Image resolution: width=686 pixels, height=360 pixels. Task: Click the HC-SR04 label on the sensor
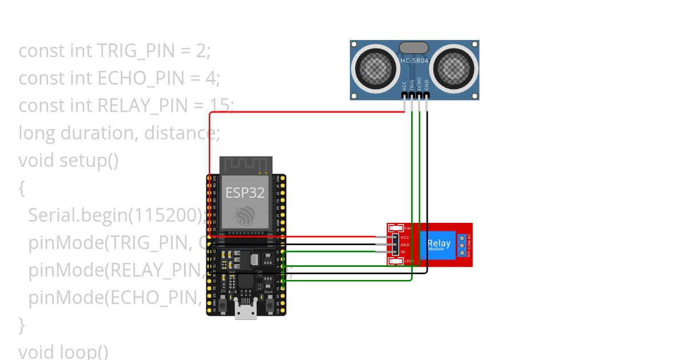coord(414,61)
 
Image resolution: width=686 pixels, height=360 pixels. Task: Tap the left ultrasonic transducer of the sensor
coord(375,69)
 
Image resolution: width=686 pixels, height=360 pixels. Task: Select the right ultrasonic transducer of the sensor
coord(454,69)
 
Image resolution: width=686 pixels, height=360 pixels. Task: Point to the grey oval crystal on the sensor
coord(414,48)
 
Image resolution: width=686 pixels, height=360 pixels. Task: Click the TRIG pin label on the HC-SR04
coord(412,85)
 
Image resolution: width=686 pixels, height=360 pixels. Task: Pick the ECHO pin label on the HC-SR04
coord(419,84)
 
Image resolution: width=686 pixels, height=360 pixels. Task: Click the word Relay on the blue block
coord(438,243)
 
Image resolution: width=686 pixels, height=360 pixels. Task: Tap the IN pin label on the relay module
coord(403,252)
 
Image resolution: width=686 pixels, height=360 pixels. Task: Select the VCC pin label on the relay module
coord(405,237)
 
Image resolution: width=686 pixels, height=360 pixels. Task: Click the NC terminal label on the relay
coord(469,236)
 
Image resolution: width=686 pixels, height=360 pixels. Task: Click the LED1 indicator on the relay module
coord(396,261)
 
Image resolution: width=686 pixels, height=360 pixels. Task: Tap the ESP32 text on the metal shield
coord(245,193)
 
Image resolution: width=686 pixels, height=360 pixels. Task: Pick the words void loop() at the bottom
coord(63,351)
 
